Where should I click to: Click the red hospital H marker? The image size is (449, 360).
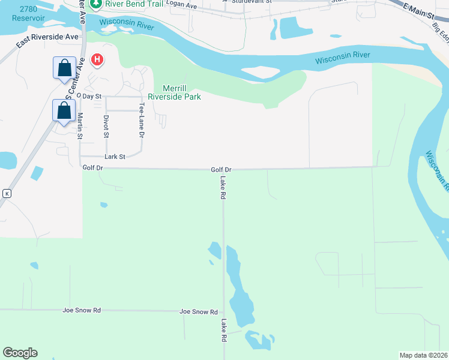(97, 60)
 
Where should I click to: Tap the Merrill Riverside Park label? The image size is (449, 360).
(174, 92)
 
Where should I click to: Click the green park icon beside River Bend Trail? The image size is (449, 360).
(95, 4)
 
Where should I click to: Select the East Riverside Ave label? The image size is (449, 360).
(47, 37)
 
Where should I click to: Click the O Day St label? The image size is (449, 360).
(89, 96)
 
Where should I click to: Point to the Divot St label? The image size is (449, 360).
(106, 125)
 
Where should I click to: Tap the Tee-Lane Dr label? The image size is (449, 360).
(142, 119)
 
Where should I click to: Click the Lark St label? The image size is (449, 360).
(115, 157)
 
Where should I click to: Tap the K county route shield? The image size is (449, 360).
(7, 193)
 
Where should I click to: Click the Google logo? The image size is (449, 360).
(20, 353)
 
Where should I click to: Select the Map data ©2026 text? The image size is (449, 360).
(423, 355)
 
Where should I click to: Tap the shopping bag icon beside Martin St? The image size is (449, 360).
(64, 110)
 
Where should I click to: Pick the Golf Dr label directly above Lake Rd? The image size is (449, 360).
(221, 170)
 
